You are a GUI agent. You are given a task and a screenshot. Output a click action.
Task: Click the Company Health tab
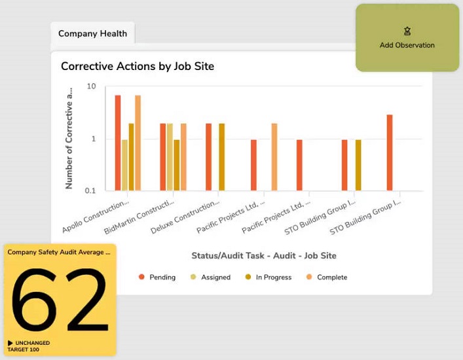[92, 33]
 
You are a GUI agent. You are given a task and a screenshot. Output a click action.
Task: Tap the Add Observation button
[407, 39]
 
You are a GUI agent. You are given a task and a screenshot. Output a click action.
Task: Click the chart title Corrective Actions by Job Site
[137, 66]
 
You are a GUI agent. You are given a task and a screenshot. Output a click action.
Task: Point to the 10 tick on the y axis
[92, 86]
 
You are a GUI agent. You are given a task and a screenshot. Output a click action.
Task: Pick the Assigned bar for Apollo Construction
[124, 165]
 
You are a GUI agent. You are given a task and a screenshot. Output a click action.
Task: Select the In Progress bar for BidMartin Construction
[177, 165]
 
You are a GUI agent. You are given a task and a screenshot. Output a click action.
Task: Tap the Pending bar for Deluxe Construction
[209, 157]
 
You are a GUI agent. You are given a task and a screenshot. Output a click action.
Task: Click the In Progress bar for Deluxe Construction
[222, 157]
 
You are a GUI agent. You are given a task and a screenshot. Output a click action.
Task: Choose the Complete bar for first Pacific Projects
[274, 157]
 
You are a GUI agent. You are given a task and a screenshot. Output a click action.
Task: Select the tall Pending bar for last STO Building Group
[390, 153]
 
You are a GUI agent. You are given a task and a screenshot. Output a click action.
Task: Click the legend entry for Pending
[157, 277]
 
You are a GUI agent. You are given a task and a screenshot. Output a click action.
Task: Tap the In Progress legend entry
[268, 277]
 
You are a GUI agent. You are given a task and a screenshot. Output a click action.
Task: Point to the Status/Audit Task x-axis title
[263, 255]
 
